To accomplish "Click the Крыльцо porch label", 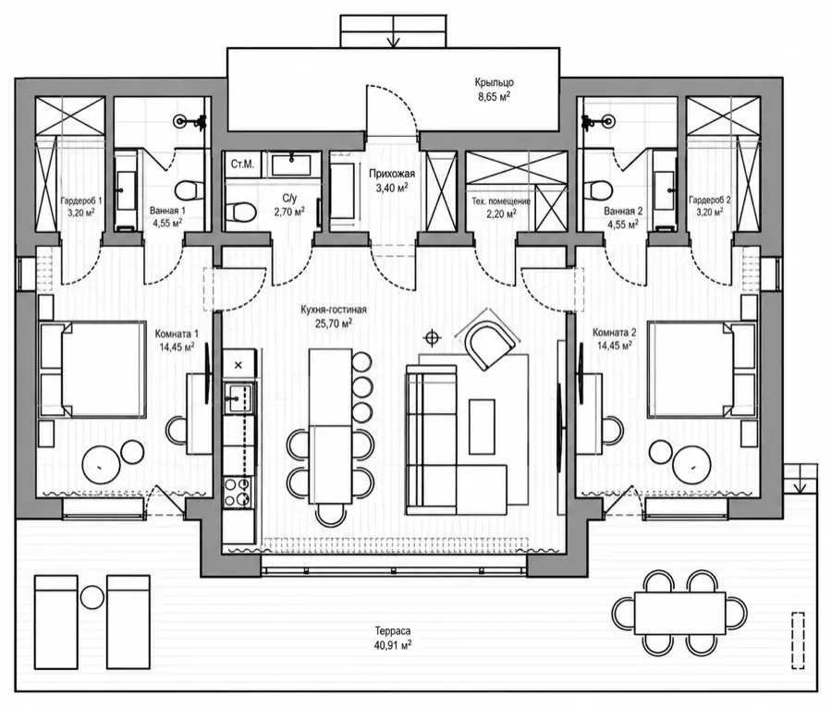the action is (x=494, y=83).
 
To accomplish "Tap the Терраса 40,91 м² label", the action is (x=393, y=639).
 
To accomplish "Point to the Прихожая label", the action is (x=392, y=174).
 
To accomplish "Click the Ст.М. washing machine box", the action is (x=242, y=165).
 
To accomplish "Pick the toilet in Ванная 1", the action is (x=188, y=189).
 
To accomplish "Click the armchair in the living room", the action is (x=489, y=344).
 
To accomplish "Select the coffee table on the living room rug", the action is (x=482, y=426).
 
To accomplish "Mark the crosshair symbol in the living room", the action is (x=433, y=336).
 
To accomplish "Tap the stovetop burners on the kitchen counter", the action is (x=239, y=492).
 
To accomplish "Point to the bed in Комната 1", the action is (x=92, y=369).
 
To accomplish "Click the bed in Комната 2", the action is (x=701, y=368).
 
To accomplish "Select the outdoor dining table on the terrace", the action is (x=679, y=613).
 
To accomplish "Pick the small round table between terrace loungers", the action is (x=92, y=597).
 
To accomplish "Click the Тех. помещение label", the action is (x=501, y=201).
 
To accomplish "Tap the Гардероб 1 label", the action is (x=81, y=201).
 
